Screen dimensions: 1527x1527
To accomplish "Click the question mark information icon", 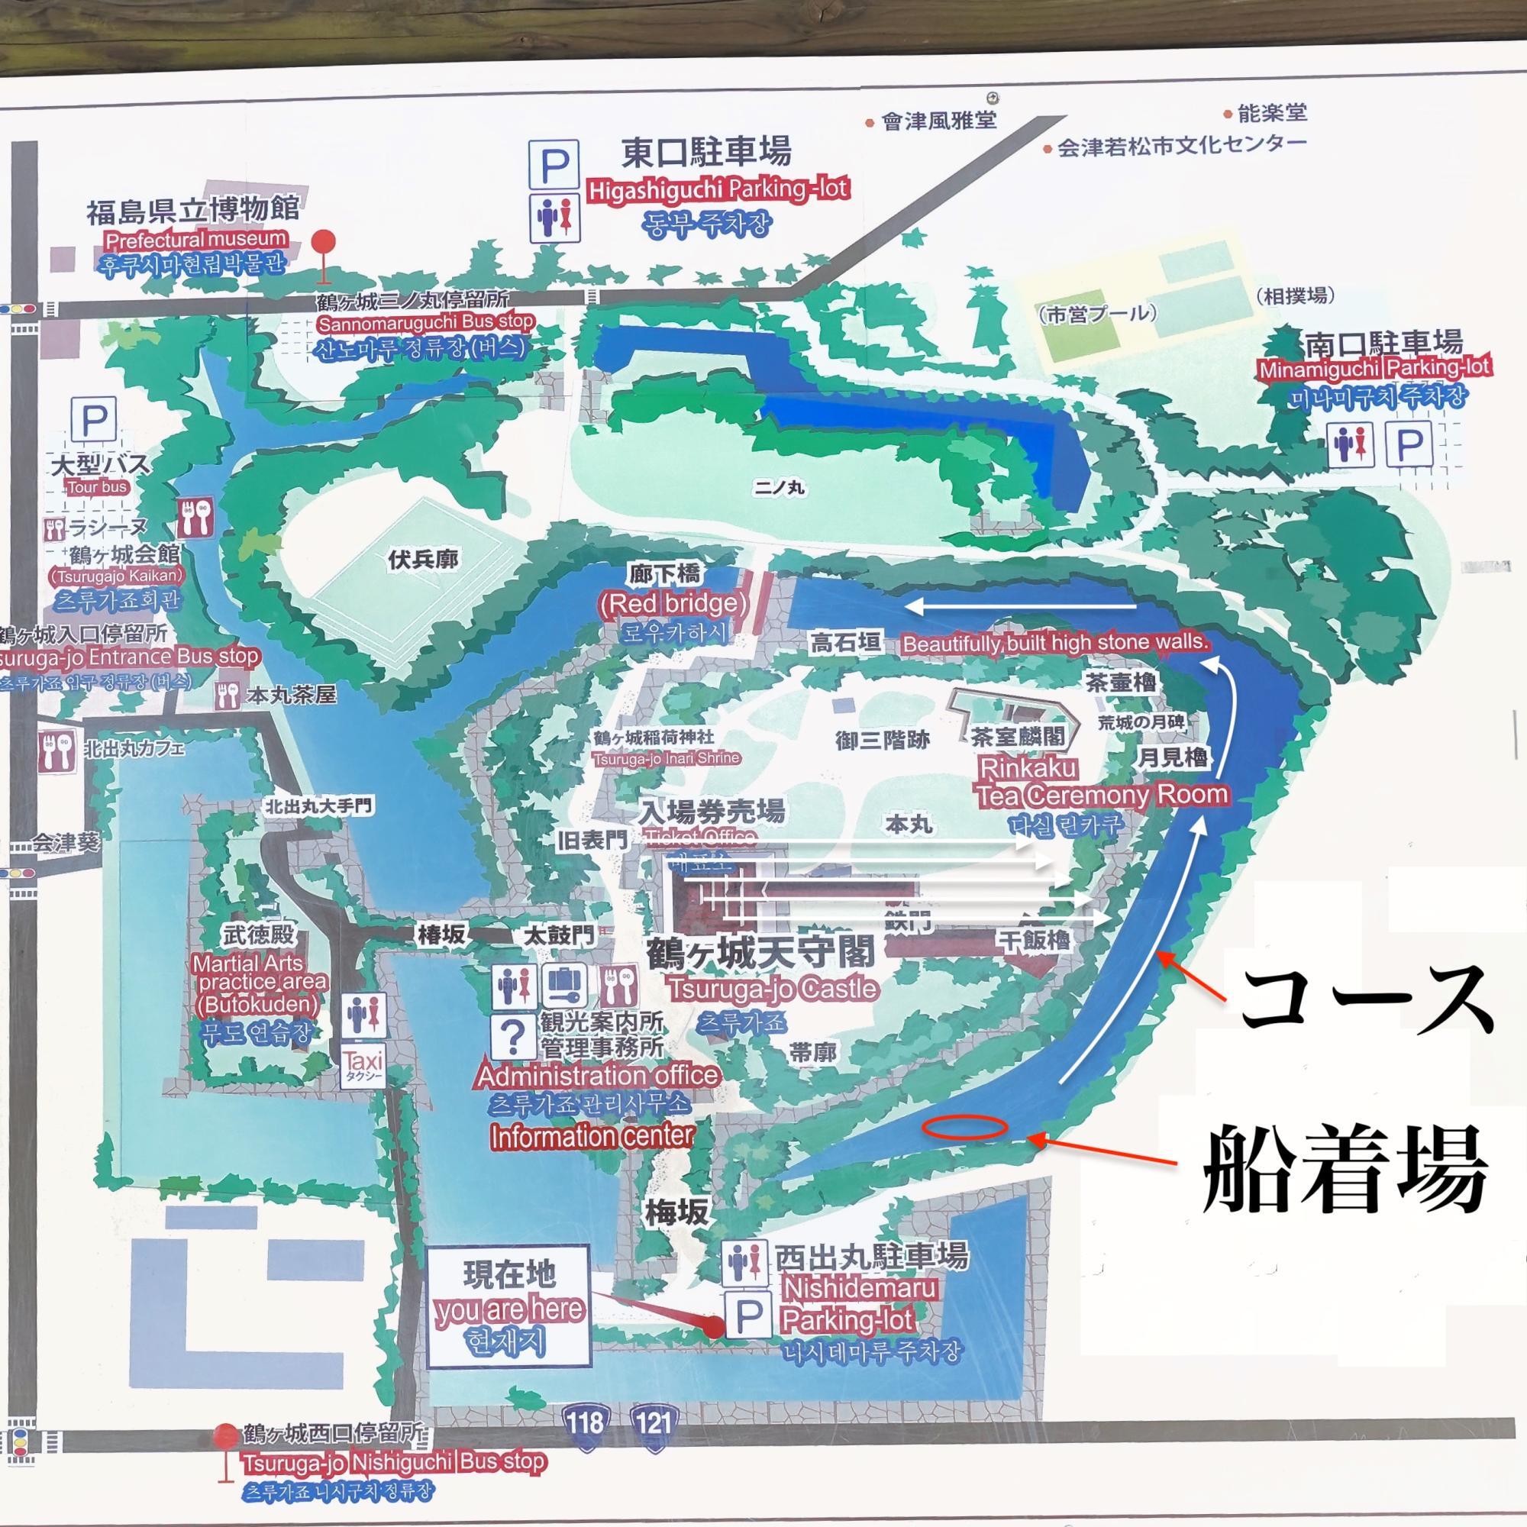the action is [514, 1035].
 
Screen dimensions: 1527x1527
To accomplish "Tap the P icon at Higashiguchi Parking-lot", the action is [554, 164].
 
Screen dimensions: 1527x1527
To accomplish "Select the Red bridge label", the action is [673, 604].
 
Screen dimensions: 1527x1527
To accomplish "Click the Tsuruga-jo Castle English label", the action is [773, 989].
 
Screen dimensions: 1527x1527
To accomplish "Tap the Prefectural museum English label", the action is [196, 239].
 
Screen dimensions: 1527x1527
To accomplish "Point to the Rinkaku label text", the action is [1028, 767].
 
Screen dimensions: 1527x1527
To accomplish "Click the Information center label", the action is [592, 1137].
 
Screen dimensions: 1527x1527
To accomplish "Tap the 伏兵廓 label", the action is [423, 560].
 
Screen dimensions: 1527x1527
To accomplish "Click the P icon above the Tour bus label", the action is [94, 419].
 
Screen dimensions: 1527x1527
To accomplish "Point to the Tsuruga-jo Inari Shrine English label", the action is [667, 758].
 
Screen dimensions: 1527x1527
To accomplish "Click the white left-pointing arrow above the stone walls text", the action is [1019, 607].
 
